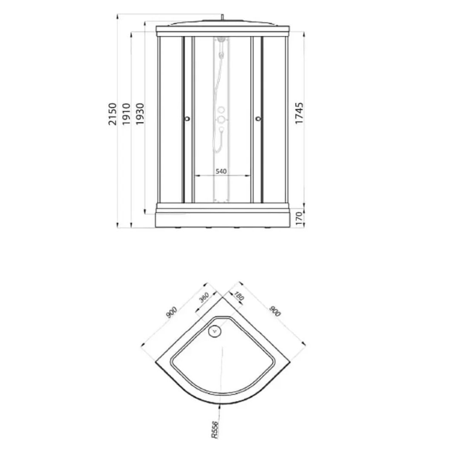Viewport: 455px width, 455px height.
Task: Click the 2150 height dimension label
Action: (x=112, y=114)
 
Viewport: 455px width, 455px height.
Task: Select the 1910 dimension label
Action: (x=127, y=114)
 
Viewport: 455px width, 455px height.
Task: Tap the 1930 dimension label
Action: (x=140, y=114)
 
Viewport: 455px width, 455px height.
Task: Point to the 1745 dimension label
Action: (x=299, y=113)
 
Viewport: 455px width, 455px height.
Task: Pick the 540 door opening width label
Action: (x=221, y=171)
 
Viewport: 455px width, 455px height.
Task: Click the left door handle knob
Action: (x=187, y=118)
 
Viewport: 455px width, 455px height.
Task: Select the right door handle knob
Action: (x=258, y=118)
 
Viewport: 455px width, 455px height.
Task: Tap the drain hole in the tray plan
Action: (x=215, y=331)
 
